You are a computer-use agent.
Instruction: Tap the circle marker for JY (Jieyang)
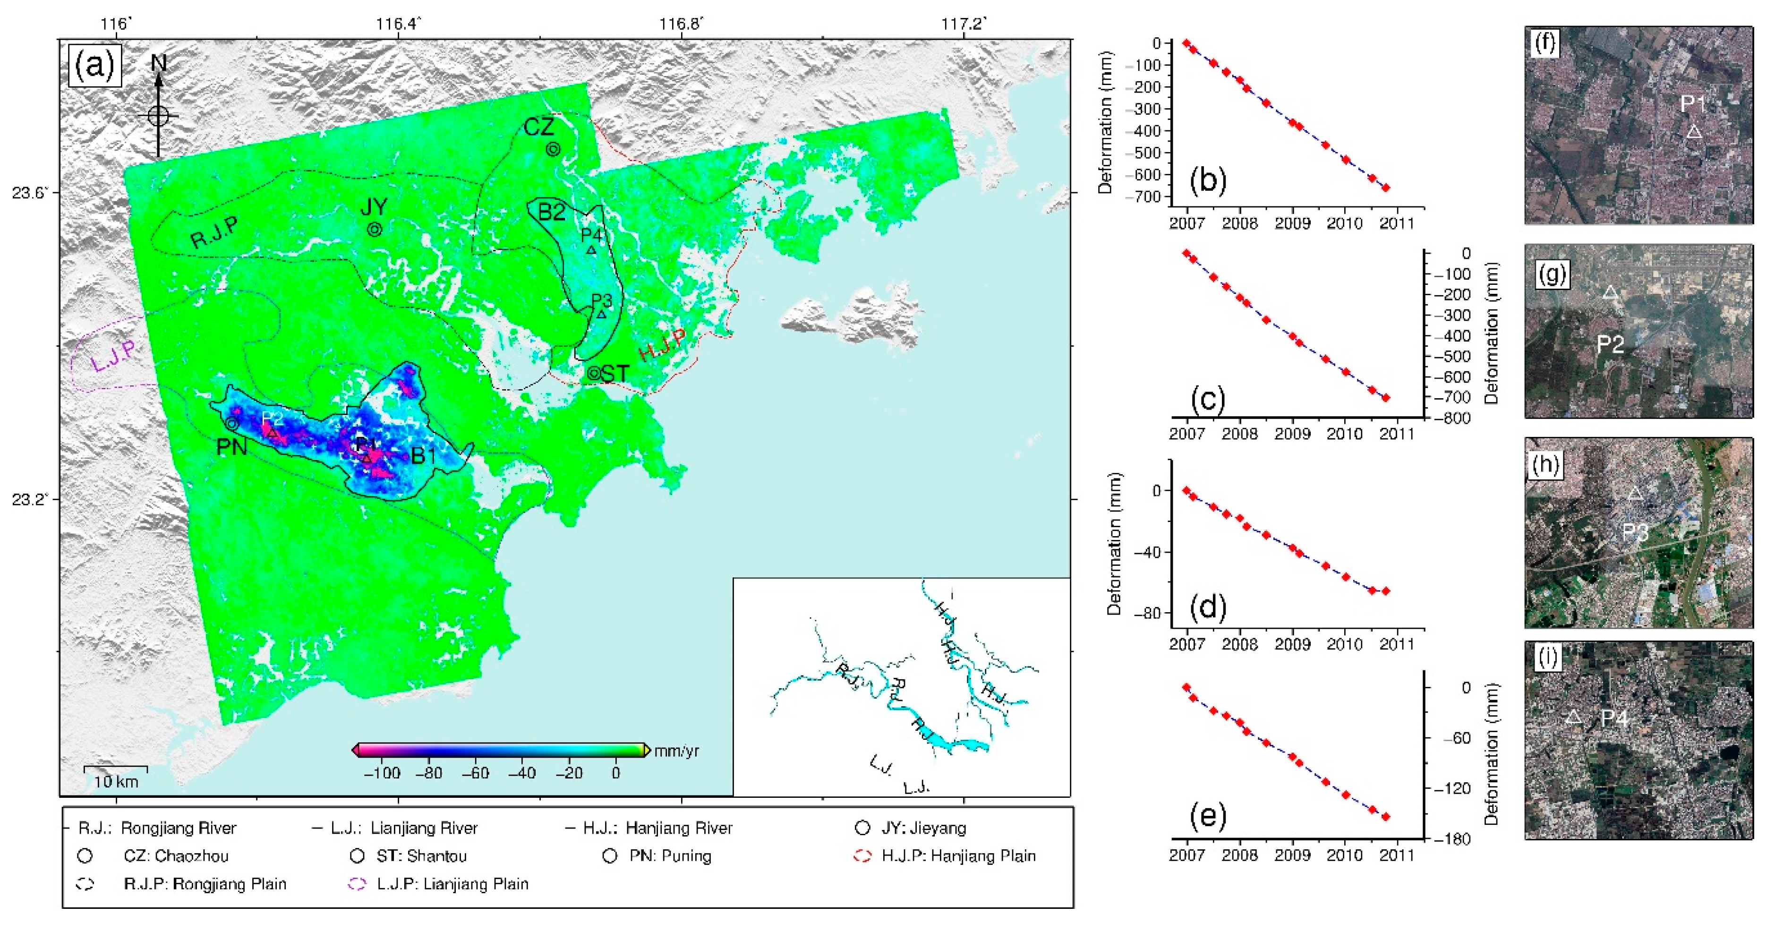[x=374, y=230]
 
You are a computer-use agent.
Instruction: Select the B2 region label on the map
[x=551, y=212]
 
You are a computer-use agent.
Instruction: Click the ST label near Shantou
[x=614, y=374]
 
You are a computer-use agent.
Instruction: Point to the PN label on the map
[x=231, y=447]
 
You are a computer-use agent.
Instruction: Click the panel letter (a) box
[x=94, y=66]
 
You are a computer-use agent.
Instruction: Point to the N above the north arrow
[x=159, y=63]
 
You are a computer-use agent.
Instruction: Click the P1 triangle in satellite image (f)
[x=1694, y=131]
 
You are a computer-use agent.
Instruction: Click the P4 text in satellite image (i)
[x=1614, y=718]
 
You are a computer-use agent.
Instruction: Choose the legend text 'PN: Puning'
[x=669, y=856]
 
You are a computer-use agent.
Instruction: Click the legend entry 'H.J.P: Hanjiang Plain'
[x=958, y=856]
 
